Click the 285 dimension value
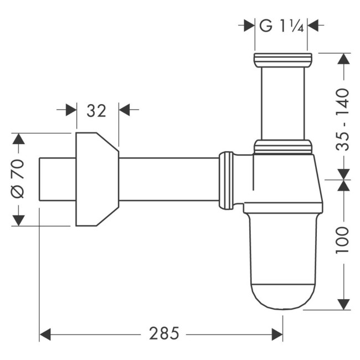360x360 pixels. tap(164, 334)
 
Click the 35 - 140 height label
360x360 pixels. tap(343, 119)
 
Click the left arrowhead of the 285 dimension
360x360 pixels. tap(45, 334)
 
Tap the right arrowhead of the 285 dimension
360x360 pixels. tap(277, 334)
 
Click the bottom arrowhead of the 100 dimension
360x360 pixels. tap(343, 302)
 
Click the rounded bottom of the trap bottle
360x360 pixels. tap(283, 296)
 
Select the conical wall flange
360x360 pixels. tap(96, 179)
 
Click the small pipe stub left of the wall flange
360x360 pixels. tap(57, 179)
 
